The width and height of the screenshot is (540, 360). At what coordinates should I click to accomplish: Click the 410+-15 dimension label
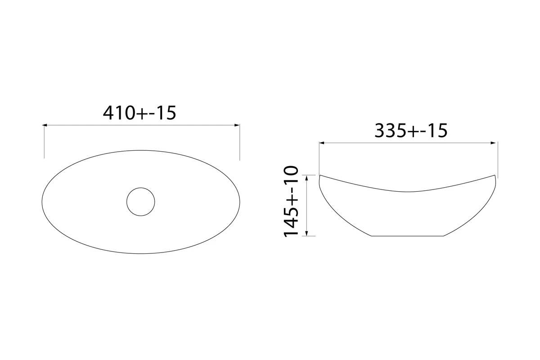tap(139, 113)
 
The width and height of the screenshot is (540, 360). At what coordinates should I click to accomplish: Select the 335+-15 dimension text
tap(411, 131)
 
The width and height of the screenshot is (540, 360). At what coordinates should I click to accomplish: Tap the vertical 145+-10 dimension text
tap(291, 201)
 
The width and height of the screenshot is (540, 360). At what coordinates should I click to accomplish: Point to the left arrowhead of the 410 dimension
tap(45, 125)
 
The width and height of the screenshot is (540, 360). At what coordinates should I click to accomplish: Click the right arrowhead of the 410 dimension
tap(237, 125)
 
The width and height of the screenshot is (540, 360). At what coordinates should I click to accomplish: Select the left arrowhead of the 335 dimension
tap(321, 143)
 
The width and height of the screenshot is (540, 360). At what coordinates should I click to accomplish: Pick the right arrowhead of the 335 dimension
tap(493, 143)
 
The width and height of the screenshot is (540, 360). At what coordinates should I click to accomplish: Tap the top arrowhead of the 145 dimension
tap(306, 178)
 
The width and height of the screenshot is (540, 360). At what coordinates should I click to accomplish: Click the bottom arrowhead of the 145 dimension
tap(306, 234)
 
